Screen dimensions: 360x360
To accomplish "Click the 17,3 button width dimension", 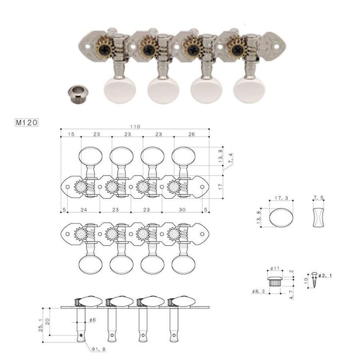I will click(x=281, y=198).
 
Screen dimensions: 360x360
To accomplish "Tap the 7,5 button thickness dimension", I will click(x=318, y=198).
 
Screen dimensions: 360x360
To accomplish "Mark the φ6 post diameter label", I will click(x=92, y=321).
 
